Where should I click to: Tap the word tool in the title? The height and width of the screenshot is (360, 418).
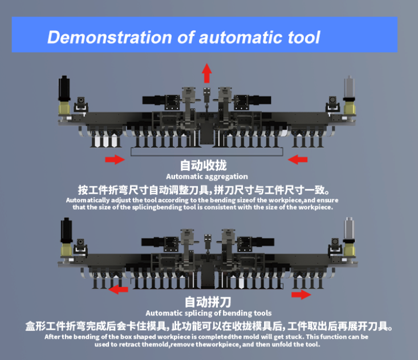pyautogui.click(x=300, y=38)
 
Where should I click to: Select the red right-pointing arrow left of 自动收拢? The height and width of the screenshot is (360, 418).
pyautogui.click(x=115, y=159)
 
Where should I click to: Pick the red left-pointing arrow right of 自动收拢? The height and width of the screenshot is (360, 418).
pyautogui.click(x=298, y=159)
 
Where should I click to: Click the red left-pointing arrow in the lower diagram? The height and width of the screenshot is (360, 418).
pyautogui.click(x=119, y=289)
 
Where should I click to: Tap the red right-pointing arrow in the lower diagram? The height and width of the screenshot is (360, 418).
pyautogui.click(x=302, y=294)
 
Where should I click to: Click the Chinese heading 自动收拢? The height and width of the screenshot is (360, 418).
pyautogui.click(x=204, y=166)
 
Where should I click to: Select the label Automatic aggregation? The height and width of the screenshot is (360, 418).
pyautogui.click(x=207, y=177)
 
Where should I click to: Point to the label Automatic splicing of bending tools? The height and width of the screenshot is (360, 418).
pyautogui.click(x=209, y=313)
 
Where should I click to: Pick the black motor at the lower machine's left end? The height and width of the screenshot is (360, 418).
pyautogui.click(x=65, y=232)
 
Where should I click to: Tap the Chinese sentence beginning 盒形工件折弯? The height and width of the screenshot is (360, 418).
pyautogui.click(x=209, y=326)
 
